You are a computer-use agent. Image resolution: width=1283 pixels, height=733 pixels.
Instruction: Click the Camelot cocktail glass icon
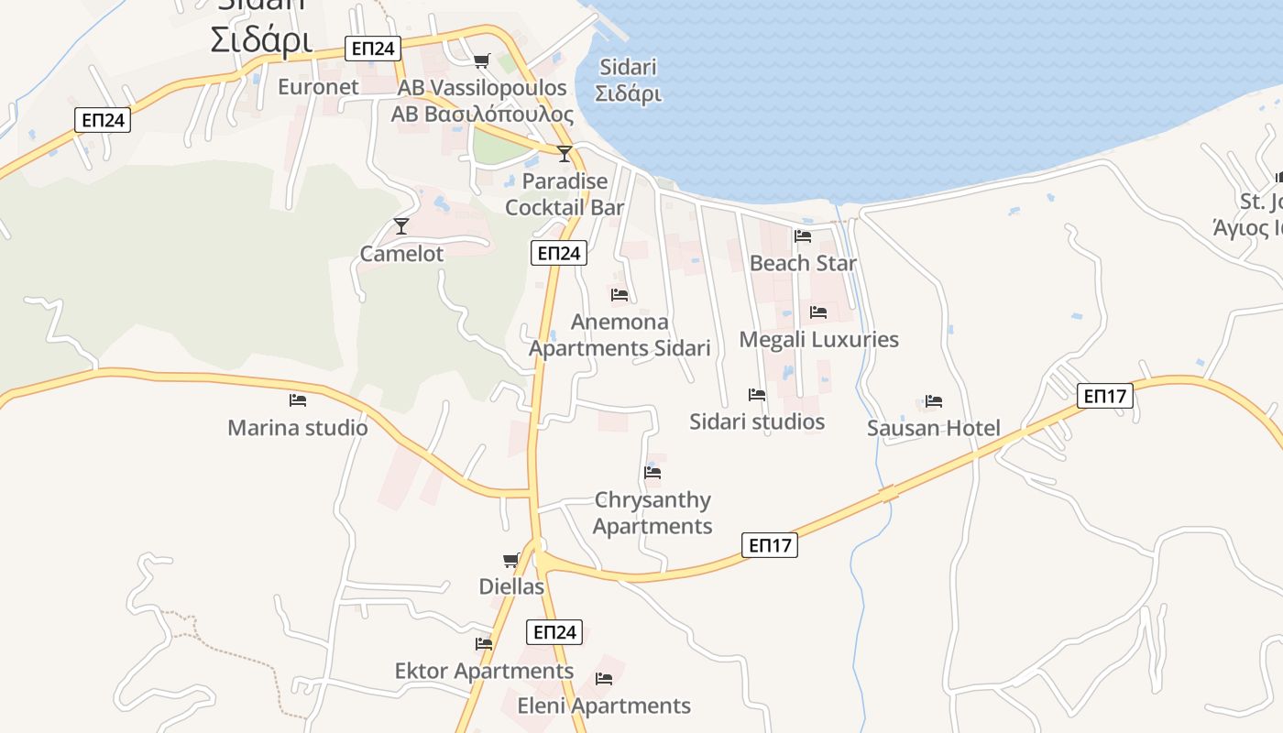400,225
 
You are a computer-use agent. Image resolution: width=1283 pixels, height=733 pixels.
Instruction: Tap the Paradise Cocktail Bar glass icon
565,153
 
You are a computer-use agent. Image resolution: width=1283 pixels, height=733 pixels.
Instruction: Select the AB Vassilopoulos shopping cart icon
481,61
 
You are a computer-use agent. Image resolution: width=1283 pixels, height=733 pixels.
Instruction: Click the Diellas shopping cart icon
510,560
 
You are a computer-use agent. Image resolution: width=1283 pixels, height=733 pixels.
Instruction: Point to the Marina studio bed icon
297,400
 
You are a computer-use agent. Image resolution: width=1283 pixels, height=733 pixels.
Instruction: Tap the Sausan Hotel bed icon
934,401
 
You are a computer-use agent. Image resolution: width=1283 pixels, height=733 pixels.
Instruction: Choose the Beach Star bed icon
803,236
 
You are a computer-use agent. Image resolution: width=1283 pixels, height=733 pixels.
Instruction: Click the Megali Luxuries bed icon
818,312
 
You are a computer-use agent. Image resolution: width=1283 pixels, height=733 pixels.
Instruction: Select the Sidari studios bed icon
757,395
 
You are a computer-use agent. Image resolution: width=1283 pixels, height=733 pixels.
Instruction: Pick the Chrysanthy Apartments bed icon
652,473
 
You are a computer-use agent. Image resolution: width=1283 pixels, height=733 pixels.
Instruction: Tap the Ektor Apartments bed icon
484,644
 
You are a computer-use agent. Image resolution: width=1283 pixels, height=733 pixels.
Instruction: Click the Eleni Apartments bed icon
604,679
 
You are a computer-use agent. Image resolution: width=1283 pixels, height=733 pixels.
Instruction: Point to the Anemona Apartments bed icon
620,295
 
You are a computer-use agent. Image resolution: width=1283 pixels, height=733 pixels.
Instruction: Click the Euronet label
318,87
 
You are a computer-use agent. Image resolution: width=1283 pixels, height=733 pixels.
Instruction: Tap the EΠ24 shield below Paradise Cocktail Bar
558,254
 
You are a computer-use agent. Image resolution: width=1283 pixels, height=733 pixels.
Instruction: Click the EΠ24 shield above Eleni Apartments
554,632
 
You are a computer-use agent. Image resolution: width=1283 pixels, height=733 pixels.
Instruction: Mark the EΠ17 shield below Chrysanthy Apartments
770,546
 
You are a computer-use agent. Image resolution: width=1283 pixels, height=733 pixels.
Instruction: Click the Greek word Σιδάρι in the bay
628,93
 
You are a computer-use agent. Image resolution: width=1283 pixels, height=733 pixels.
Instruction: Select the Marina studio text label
298,428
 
